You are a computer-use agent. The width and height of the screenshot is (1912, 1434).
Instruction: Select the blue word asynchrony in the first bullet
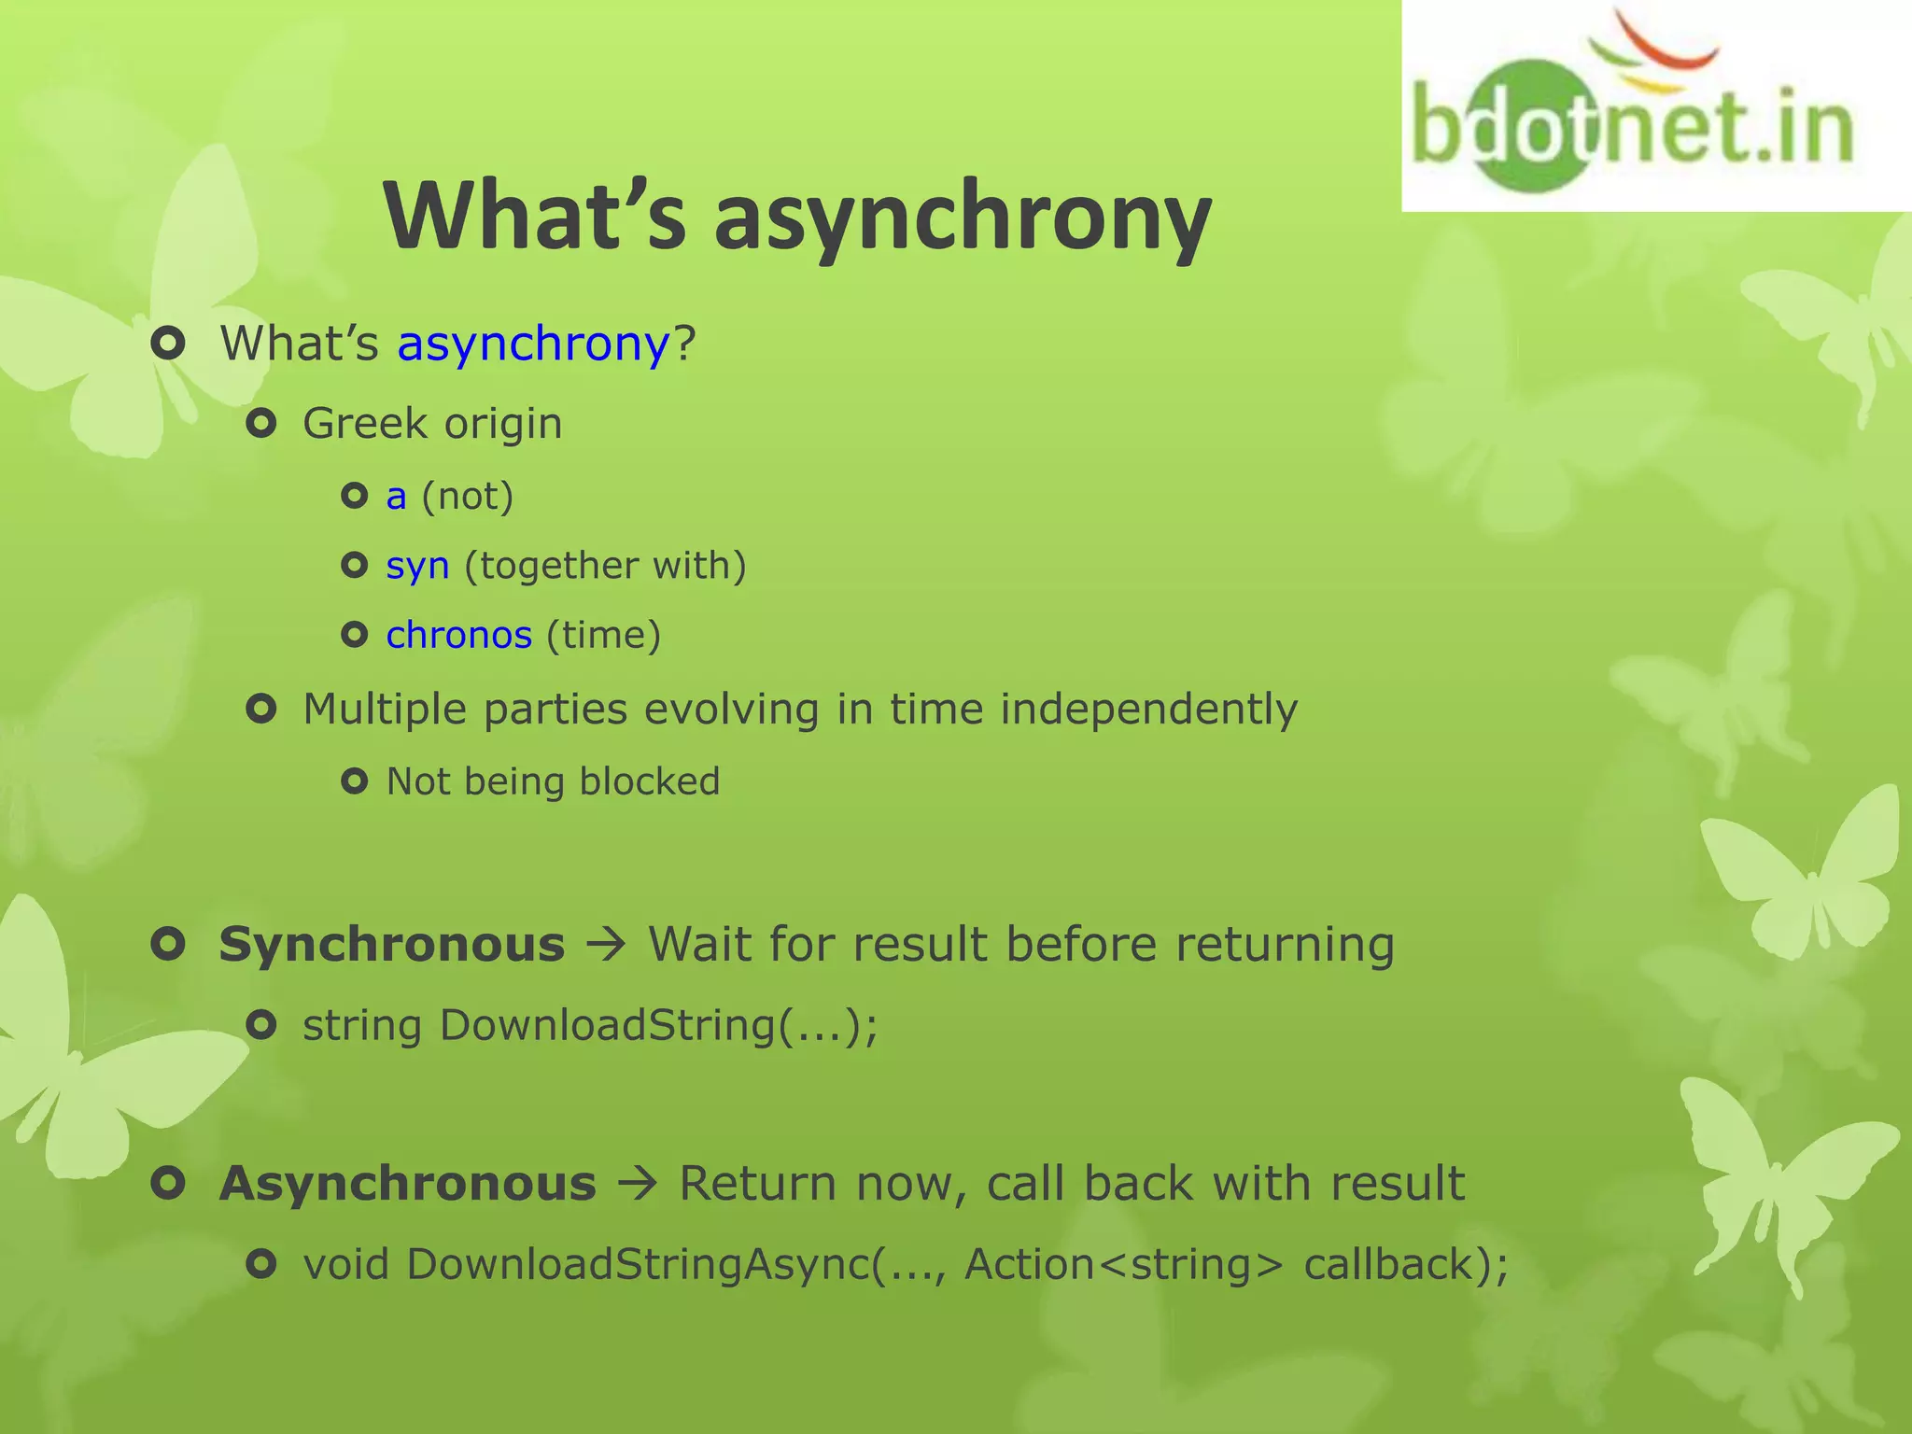tap(533, 344)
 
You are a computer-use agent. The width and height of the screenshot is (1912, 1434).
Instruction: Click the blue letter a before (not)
tap(396, 497)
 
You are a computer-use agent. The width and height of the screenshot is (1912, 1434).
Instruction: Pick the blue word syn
tap(417, 566)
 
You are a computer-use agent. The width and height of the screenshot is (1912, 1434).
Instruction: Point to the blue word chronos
tap(458, 636)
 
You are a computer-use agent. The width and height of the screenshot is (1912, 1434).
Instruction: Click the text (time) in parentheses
tap(603, 636)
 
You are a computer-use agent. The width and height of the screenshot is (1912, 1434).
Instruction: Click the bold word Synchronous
tap(392, 945)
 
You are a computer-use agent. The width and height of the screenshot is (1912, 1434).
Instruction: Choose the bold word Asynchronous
tap(408, 1184)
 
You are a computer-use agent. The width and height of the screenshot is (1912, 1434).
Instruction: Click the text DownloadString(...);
tap(658, 1026)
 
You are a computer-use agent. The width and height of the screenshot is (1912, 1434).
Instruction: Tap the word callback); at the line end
tap(1405, 1265)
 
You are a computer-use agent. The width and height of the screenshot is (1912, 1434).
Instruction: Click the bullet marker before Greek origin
tap(261, 425)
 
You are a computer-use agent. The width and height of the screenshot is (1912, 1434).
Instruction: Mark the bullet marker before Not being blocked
tap(355, 780)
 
